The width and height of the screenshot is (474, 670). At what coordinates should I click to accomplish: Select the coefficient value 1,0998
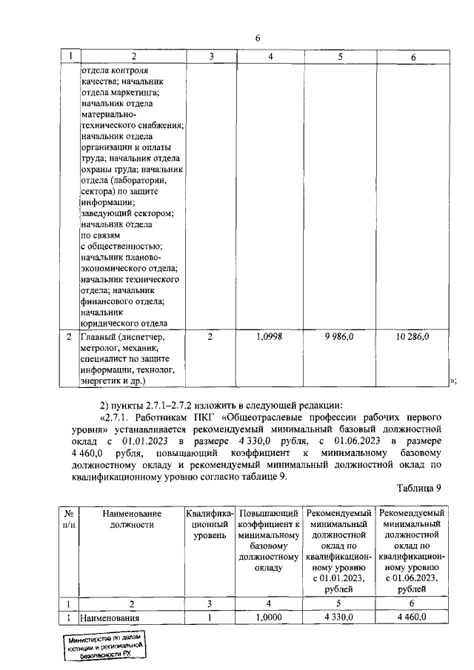(x=270, y=337)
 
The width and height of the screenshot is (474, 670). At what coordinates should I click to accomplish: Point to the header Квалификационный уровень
(x=210, y=524)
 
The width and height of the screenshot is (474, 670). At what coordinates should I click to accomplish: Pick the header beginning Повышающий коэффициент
(x=270, y=540)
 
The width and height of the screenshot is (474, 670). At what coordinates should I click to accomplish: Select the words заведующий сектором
(x=126, y=212)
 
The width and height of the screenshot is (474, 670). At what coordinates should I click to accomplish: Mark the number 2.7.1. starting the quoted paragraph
(x=117, y=417)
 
